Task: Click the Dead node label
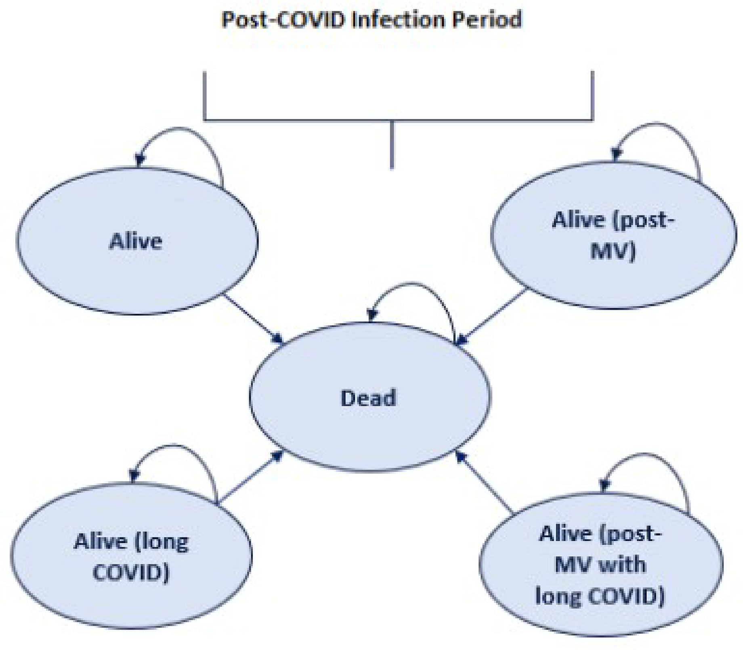point(368,398)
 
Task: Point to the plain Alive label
point(136,242)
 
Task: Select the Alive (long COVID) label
point(131,556)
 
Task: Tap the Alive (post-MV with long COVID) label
point(600,565)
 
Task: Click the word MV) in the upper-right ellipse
point(613,251)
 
